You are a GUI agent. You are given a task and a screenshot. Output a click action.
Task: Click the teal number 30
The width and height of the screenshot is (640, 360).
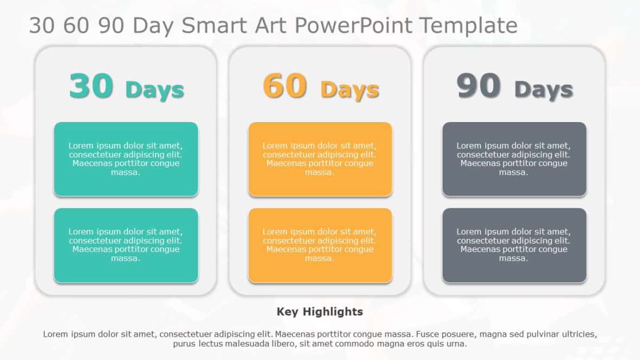(x=91, y=86)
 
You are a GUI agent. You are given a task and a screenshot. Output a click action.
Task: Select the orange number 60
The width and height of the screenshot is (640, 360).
(x=285, y=86)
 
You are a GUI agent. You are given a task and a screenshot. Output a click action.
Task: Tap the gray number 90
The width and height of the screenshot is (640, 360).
(x=478, y=86)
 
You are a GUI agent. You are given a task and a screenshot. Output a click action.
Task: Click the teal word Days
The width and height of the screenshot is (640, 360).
(x=155, y=90)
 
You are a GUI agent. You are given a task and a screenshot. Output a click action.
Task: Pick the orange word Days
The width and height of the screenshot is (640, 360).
(x=349, y=90)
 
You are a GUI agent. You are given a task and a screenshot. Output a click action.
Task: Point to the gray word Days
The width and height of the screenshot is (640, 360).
(x=543, y=90)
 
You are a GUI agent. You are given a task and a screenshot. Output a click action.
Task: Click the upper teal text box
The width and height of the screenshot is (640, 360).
(x=126, y=159)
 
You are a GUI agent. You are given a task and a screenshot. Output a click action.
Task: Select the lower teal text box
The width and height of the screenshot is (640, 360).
(x=126, y=245)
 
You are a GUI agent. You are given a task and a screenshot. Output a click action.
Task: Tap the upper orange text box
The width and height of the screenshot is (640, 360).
(x=320, y=159)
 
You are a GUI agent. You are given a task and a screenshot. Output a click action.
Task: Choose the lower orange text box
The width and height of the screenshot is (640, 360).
(x=320, y=245)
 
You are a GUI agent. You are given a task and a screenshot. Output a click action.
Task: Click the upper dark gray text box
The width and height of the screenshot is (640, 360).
(x=514, y=159)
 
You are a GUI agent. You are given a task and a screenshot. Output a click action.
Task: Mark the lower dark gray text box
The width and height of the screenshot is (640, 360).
(x=514, y=245)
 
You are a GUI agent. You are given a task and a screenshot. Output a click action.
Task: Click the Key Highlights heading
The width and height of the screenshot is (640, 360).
(x=319, y=312)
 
